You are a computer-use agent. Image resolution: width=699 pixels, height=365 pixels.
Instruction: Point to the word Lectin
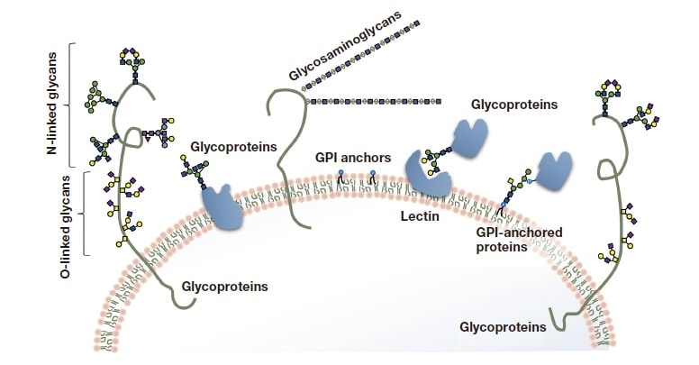pos(419,216)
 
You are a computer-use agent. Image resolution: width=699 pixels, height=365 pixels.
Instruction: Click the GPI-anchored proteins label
pos(519,239)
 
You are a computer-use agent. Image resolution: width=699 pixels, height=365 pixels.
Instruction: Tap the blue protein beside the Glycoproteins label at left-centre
pos(222,206)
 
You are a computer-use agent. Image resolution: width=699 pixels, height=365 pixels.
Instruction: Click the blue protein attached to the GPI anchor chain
pos(555,169)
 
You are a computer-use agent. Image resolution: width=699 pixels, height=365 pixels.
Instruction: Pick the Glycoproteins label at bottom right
pos(502,326)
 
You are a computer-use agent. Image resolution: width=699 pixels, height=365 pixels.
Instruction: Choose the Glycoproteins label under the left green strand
pos(225,287)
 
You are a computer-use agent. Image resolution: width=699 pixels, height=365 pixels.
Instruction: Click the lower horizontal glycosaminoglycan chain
pos(374,101)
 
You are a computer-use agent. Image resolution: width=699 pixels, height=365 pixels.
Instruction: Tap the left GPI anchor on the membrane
pos(341,178)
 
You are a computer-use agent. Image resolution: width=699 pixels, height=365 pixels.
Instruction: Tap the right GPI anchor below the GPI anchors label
pos(371,178)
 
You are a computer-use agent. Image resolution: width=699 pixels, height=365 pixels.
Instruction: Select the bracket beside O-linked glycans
pos(83,214)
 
